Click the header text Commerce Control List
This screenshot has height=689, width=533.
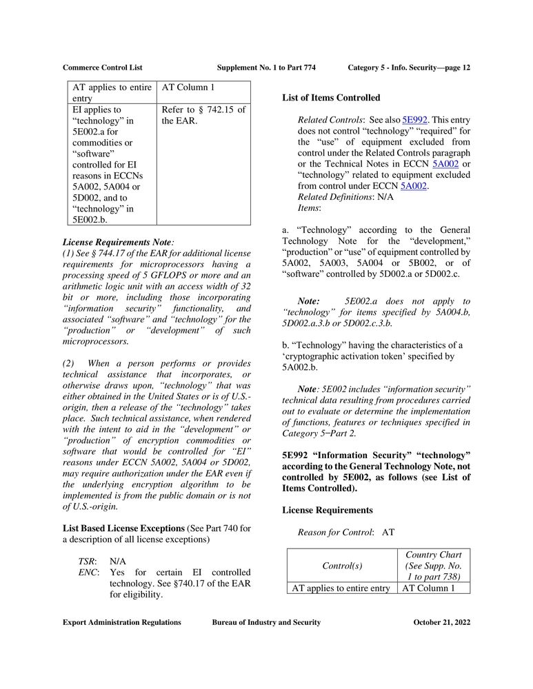[x=103, y=68]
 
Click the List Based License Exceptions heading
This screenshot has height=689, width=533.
[x=123, y=528]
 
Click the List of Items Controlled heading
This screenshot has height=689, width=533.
[x=331, y=98]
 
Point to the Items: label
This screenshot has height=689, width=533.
[x=309, y=207]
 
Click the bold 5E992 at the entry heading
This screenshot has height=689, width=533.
[x=299, y=455]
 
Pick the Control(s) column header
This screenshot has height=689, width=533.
[x=341, y=566]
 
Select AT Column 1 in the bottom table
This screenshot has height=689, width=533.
[x=428, y=588]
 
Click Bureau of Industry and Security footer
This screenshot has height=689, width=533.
[x=266, y=622]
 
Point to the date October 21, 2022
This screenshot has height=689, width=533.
[x=441, y=622]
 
